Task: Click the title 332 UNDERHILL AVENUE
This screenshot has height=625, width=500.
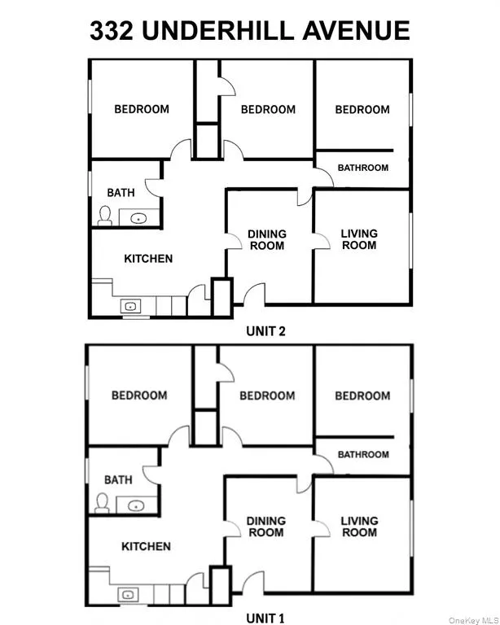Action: [249, 30]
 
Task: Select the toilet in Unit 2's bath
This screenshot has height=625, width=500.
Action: [104, 215]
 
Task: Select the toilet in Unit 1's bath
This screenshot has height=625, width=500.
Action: [103, 503]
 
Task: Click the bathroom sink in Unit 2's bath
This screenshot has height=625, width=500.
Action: [137, 217]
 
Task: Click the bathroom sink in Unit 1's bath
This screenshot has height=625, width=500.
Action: [135, 505]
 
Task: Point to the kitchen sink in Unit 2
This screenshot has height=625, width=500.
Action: [129, 307]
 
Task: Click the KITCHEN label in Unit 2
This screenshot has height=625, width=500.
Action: [147, 259]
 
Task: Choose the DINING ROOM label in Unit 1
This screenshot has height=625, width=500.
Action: [266, 527]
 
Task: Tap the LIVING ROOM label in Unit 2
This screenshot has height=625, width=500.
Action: [359, 239]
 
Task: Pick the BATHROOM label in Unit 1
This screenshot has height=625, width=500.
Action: [363, 455]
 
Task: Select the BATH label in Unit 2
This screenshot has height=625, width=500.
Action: [121, 193]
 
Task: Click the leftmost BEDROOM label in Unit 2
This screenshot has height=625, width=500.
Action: [142, 109]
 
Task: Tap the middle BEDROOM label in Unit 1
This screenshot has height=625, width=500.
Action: [267, 396]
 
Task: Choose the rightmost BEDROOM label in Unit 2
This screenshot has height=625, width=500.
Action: [362, 109]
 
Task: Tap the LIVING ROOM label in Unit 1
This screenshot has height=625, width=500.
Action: [359, 527]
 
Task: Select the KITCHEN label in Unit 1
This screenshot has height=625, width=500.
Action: [146, 547]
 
